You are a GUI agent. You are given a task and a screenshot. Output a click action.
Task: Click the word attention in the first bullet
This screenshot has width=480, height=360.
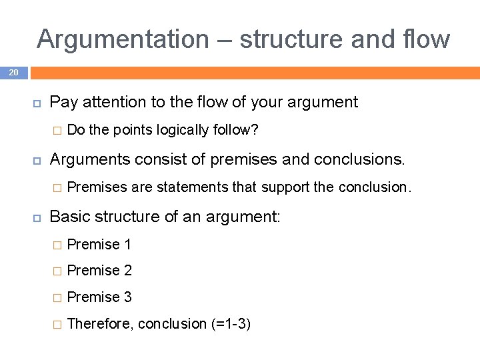click(x=109, y=103)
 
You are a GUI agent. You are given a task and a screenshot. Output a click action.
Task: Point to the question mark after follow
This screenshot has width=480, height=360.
click(x=255, y=130)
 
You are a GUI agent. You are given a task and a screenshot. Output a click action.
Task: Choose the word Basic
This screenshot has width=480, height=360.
click(x=69, y=217)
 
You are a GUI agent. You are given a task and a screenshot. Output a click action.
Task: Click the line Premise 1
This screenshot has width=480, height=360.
click(x=99, y=245)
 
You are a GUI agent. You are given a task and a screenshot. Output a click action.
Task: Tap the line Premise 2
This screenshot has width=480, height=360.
click(x=99, y=271)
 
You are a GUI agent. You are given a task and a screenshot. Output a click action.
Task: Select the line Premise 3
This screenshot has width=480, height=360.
click(x=99, y=297)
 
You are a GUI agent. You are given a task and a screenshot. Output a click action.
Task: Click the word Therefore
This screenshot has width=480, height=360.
click(x=100, y=324)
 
